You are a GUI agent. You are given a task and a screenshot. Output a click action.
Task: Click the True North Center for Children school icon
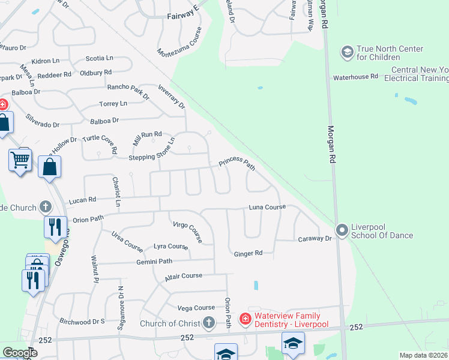pos(347,53)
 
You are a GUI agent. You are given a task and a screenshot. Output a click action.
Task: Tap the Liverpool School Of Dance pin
pos(342,230)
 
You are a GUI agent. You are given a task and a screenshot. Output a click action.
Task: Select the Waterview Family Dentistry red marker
pos(245,319)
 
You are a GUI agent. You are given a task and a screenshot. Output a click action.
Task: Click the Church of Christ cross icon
pos(208,323)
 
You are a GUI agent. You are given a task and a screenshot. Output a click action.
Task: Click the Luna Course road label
pos(268,207)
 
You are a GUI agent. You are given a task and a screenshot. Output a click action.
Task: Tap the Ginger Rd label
pos(249,253)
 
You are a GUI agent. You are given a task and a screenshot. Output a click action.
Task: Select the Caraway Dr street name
pos(315,239)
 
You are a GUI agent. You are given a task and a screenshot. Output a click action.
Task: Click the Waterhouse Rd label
pos(355,77)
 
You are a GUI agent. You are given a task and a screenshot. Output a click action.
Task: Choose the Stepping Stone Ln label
pos(152,151)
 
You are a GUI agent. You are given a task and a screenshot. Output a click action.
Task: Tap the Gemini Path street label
pos(154,262)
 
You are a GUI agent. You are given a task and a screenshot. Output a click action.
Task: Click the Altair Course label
pos(184,276)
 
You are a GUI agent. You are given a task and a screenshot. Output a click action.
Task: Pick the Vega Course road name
pos(196,308)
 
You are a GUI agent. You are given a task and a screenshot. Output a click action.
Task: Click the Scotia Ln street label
pos(100,58)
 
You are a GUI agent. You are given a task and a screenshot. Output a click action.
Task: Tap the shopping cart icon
pos(20,160)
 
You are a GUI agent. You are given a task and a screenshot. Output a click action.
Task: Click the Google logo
pos(20,353)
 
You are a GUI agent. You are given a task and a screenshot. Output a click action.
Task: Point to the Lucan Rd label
pos(82,200)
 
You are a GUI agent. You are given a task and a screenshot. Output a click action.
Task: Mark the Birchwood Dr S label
pos(82,321)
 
